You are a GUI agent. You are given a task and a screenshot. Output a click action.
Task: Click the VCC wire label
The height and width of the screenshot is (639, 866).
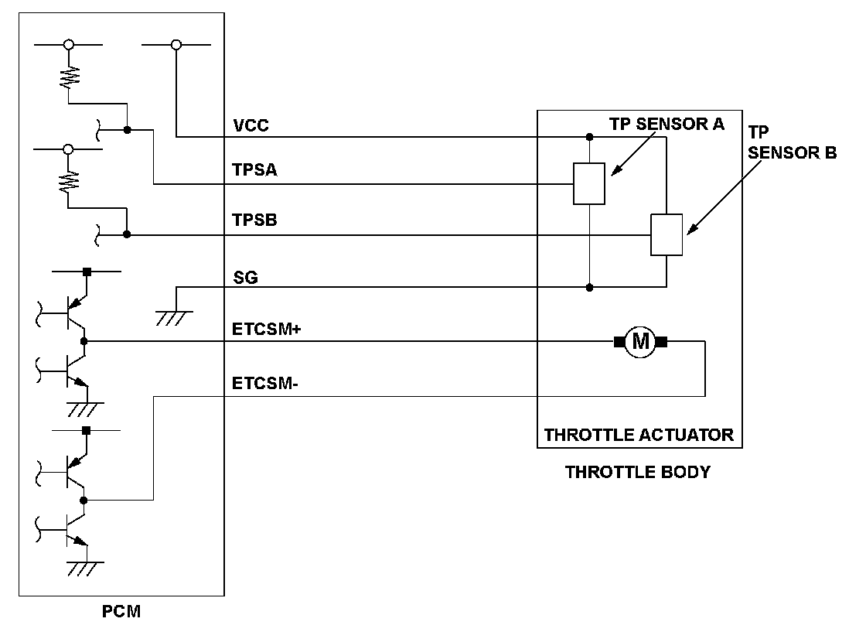(251, 125)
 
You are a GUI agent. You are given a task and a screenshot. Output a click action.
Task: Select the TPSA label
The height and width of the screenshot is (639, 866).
(254, 169)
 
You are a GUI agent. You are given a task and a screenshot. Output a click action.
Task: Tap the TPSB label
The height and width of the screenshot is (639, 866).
(254, 220)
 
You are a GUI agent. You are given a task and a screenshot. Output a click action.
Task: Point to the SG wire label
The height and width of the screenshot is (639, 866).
(245, 277)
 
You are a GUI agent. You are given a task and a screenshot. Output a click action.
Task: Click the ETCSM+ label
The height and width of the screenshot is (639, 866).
(266, 330)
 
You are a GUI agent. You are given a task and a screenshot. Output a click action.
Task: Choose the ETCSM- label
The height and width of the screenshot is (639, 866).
(264, 383)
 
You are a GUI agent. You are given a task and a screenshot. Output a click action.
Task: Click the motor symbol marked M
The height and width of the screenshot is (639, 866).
(640, 342)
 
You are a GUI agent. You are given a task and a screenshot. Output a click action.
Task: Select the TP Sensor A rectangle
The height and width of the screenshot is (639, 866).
(589, 183)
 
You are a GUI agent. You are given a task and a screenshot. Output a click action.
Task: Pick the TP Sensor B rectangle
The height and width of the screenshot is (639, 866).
(667, 234)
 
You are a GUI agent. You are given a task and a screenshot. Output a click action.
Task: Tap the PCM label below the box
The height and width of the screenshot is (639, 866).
(121, 611)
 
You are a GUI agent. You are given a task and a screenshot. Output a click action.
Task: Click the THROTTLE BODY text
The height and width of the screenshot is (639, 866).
(637, 472)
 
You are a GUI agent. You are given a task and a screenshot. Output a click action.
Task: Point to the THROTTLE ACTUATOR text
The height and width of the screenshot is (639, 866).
(639, 435)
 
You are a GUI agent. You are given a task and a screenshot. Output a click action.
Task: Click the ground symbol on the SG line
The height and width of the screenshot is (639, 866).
(175, 318)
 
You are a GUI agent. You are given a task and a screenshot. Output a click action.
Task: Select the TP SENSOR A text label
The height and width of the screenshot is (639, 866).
(667, 124)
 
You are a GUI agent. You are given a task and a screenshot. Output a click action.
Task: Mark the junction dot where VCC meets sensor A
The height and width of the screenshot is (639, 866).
(589, 136)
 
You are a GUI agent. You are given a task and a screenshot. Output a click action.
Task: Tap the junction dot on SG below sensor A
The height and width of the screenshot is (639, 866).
(589, 288)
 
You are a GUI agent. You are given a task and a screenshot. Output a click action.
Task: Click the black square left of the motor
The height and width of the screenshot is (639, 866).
(619, 342)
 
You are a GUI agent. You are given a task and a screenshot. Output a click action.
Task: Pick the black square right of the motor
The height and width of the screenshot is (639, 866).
(662, 342)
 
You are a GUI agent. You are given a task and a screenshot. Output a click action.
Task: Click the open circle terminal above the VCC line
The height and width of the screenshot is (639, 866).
(176, 45)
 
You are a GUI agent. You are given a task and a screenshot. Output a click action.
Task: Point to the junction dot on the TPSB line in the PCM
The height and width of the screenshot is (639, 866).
(127, 234)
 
